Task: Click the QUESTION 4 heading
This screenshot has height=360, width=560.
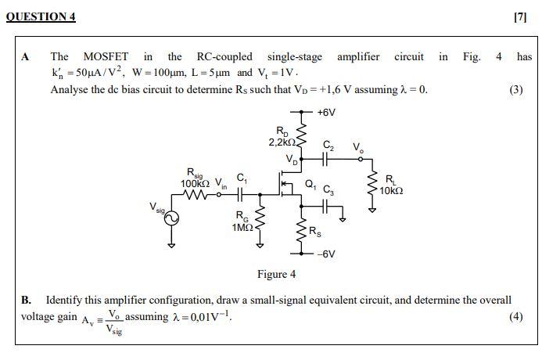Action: point(41,16)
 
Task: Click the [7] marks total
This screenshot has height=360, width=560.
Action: point(521,16)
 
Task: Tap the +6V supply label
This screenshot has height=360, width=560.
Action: point(326,113)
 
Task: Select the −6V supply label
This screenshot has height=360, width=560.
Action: point(326,254)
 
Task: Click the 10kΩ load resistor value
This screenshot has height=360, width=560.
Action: point(391,191)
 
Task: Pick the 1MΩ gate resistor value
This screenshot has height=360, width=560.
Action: point(242,227)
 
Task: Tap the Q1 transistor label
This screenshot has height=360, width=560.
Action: point(310,185)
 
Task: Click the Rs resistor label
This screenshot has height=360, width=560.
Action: point(314,231)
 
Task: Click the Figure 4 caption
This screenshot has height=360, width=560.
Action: point(276,274)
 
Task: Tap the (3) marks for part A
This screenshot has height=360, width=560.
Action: point(515,89)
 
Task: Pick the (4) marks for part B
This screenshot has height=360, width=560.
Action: point(515,316)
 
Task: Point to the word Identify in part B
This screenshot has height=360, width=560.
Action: point(65,300)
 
